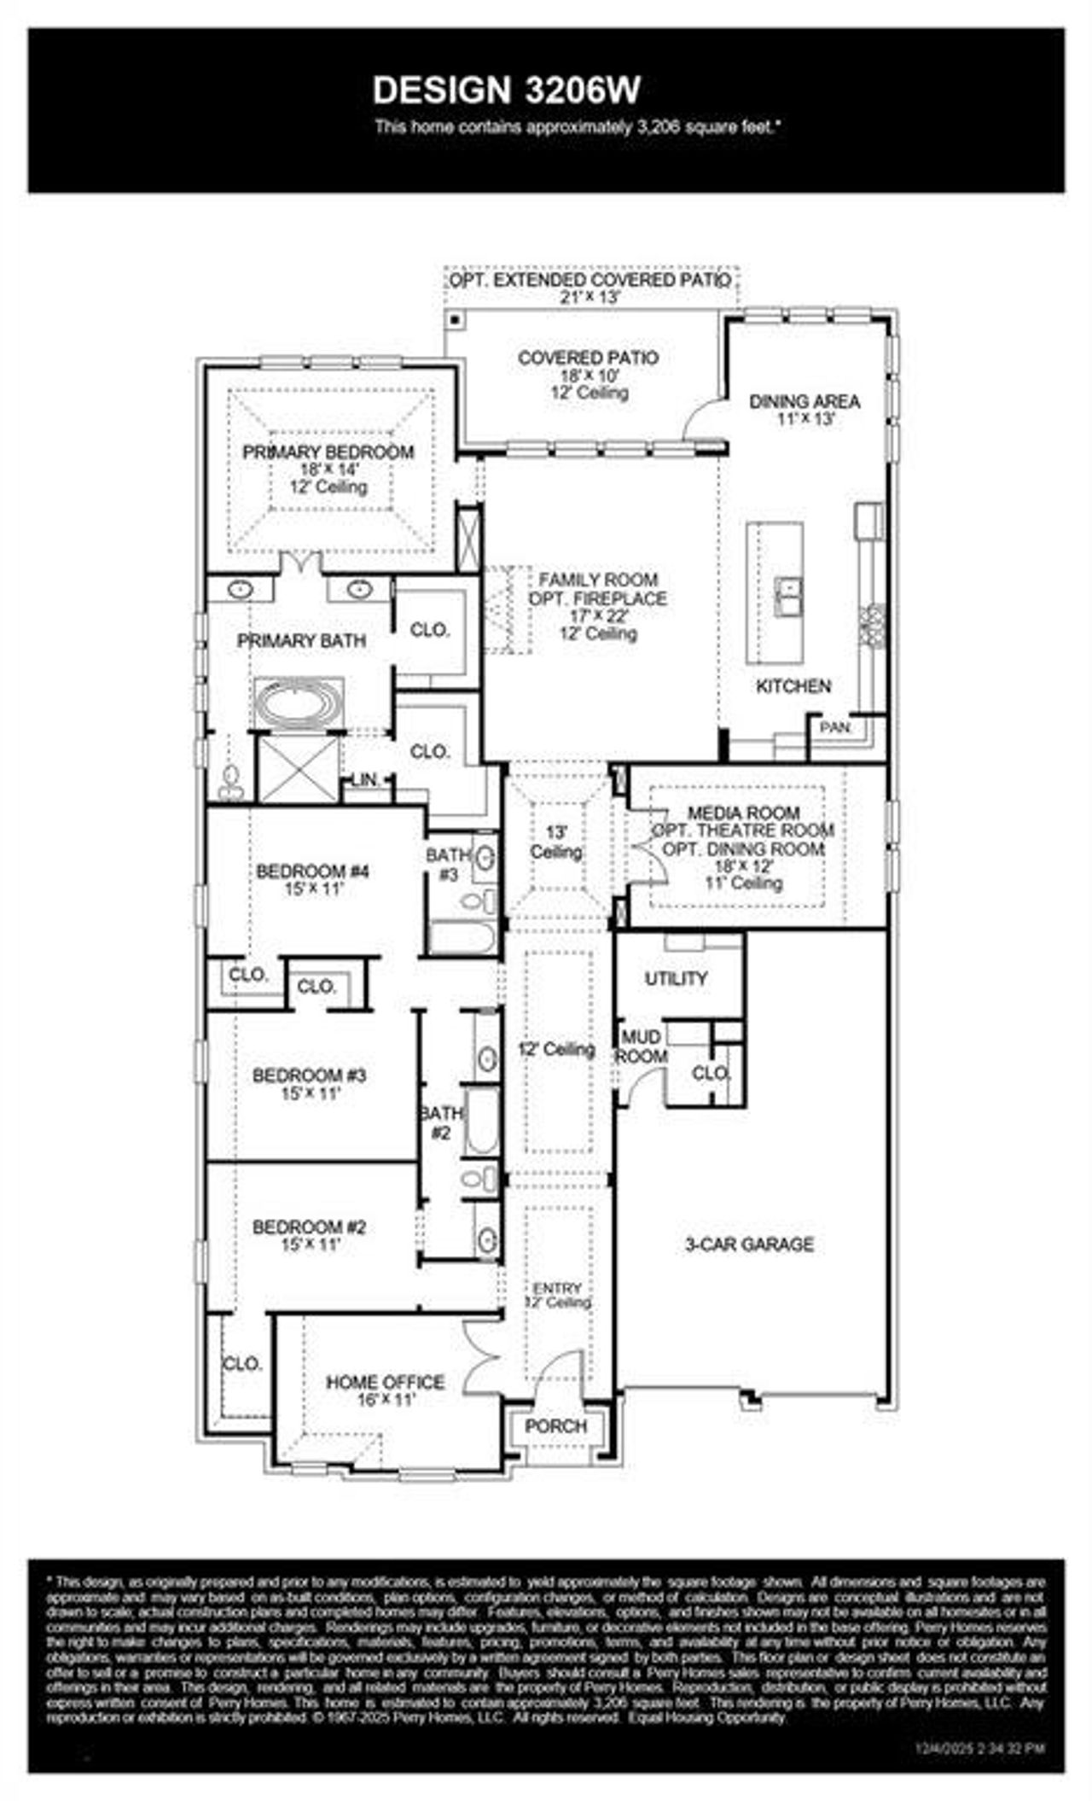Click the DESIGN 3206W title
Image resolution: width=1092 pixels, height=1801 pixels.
point(507,90)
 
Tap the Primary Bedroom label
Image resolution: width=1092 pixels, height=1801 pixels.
point(328,452)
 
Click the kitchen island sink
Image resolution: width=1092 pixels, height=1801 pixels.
point(787,595)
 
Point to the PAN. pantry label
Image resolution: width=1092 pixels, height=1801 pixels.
point(835,728)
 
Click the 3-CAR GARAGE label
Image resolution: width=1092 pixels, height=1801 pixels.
point(749,1244)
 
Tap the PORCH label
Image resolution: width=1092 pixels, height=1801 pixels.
point(555,1426)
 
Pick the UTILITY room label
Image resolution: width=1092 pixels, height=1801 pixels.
point(676,978)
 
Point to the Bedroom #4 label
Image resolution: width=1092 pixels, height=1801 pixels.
point(312,871)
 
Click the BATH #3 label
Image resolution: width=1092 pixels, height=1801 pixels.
point(448,864)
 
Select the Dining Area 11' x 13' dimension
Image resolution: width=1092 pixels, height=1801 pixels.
point(804,420)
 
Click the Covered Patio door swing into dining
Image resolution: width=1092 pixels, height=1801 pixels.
point(705,417)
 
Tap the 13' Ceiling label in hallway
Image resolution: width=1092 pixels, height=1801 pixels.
point(556,842)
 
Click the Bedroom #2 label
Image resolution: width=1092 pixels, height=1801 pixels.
point(309,1227)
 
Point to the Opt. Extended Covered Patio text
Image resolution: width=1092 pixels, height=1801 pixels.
point(590,280)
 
